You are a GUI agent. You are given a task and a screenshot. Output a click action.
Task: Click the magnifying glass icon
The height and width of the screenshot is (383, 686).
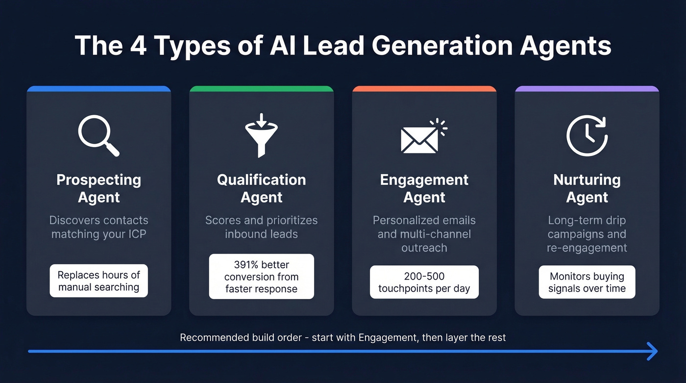tap(98, 135)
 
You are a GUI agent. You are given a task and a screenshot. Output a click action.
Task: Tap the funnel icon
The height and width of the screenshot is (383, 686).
tap(261, 135)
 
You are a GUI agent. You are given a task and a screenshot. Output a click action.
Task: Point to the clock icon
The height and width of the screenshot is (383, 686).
tap(587, 135)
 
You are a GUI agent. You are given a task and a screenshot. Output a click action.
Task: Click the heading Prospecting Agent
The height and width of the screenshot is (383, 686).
tap(98, 188)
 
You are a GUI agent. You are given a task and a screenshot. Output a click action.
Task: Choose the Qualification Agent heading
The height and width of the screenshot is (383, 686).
tap(261, 188)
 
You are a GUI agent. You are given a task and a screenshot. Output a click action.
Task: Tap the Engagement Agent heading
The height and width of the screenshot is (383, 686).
tap(424, 188)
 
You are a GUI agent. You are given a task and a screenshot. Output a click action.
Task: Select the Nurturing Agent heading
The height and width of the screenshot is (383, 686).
tap(587, 188)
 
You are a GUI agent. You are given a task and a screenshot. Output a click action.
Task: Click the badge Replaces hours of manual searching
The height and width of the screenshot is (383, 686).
tap(98, 281)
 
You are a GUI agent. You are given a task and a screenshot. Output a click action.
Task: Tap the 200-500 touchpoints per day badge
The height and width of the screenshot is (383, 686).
tap(424, 282)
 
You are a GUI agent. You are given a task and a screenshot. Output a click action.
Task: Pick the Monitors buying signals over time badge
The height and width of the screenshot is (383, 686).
tap(587, 282)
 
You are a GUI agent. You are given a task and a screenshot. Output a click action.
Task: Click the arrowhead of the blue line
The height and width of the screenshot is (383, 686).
tap(652, 351)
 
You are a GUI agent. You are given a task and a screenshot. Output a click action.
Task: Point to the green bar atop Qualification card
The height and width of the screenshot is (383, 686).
tap(261, 89)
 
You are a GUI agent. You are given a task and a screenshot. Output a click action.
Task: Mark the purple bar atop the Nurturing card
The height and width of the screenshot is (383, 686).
tap(587, 89)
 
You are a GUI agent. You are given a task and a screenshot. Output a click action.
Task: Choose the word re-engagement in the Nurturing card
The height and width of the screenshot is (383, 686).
tap(587, 248)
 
